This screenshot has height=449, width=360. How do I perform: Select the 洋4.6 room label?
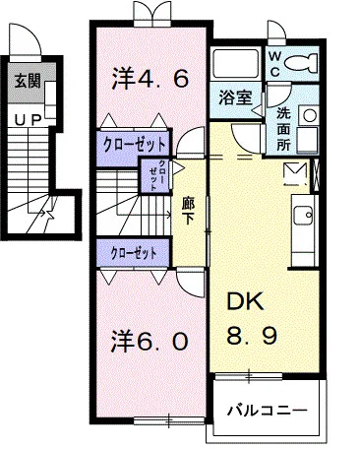coord(150,77)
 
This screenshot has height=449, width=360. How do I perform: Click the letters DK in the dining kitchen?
coord(246,302)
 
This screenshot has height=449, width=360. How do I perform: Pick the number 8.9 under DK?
coord(254,336)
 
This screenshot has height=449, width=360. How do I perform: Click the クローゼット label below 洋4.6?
coord(135,144)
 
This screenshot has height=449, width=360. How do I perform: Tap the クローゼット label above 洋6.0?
coord(135,252)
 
